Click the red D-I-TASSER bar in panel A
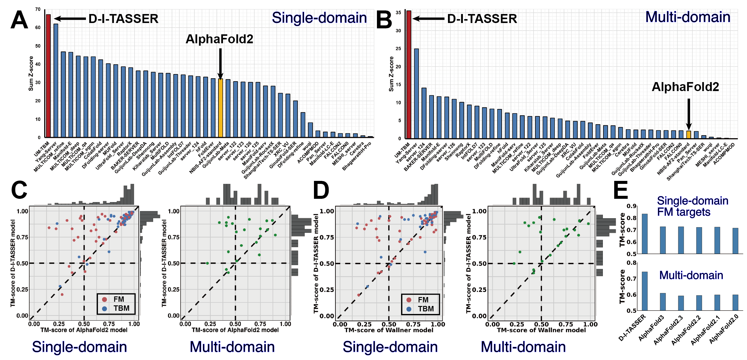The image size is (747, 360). coord(48,76)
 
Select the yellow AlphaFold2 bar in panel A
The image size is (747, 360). coord(221,108)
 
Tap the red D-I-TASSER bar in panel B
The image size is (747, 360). coord(409,75)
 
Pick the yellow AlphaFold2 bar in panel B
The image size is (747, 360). coord(689,135)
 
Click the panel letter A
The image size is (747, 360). coord(19,20)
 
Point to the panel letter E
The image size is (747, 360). coord(620,190)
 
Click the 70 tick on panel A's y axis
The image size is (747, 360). coord(38,9)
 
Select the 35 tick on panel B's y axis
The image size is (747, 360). coord(398,13)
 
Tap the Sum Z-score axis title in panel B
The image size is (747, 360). coord(391,74)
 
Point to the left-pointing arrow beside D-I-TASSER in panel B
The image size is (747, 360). coord(428,19)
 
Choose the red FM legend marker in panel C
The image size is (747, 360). coord(104,299)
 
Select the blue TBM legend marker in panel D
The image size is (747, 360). coord(409,309)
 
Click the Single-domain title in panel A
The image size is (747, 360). coord(319,18)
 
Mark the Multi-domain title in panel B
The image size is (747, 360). coord(688,17)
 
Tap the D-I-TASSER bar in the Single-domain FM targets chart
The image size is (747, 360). coord(645,234)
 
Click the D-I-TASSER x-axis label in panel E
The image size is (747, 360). coord(632,328)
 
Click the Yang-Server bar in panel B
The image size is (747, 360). coord(416,93)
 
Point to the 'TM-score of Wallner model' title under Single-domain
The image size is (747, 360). coord(389,330)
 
